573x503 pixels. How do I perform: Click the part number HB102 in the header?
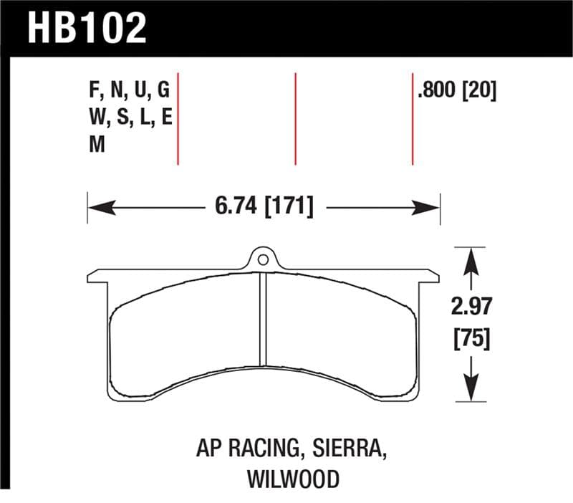point(87,29)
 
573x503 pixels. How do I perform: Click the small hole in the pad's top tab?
point(263,259)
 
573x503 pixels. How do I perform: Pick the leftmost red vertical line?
point(178,118)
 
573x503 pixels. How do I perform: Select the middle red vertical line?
point(295,118)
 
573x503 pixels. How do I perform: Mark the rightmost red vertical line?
point(413,118)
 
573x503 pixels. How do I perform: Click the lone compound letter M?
point(96,145)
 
